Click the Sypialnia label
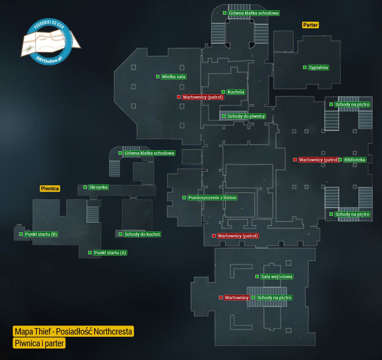pos(318,67)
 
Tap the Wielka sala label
pos(173,77)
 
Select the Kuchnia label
pos(236,92)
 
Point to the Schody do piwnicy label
pos(246,116)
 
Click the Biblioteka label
pos(354,160)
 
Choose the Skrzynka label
pos(98,187)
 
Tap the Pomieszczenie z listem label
pos(212,198)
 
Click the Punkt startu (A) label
pos(110,253)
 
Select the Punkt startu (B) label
pos(41,234)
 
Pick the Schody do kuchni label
pos(142,234)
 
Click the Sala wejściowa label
pos(276,277)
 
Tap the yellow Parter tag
pos(310,25)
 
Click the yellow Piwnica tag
pos(50,188)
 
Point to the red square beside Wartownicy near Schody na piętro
pos(221,298)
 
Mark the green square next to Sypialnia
pos(305,67)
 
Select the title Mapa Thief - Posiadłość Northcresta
pos(73,331)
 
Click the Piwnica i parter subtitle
pos(39,343)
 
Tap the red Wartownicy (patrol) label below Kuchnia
pos(203,97)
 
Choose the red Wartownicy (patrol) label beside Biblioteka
pos(318,160)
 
